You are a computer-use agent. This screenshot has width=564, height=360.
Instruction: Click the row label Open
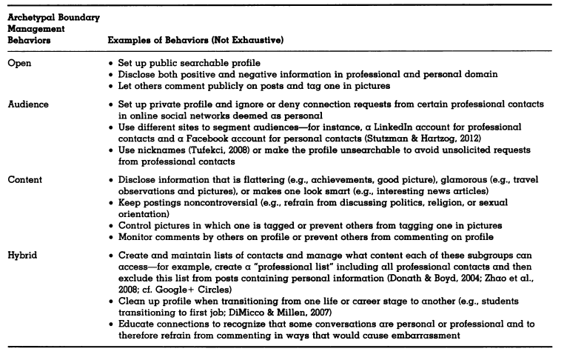coord(20,63)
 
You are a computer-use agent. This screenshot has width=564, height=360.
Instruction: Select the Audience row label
coord(28,104)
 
